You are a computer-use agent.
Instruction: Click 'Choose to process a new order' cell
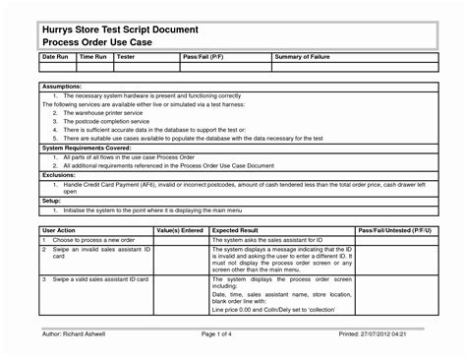pos(93,239)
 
